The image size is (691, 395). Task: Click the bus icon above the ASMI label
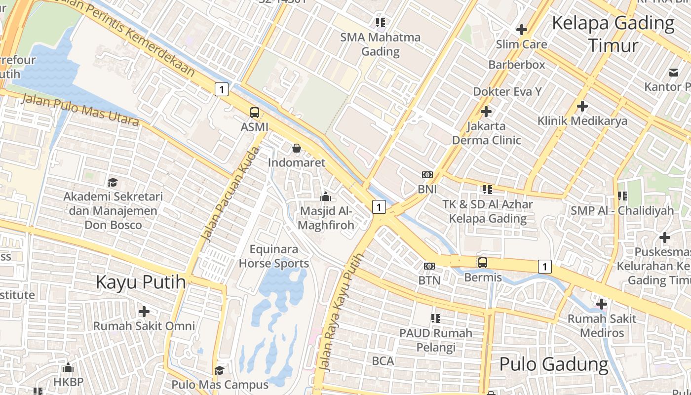tap(255, 113)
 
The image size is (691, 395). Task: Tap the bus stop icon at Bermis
tap(483, 263)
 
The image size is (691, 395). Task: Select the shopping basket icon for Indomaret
tap(297, 148)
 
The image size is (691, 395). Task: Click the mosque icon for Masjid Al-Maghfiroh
tap(325, 197)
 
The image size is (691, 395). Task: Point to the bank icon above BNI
tap(427, 175)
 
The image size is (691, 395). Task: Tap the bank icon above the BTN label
tap(429, 266)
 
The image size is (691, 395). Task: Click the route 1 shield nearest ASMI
tap(222, 89)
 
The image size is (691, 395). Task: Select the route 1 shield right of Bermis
tap(544, 267)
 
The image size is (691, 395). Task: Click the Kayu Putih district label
tap(141, 282)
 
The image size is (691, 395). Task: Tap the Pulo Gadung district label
tap(554, 364)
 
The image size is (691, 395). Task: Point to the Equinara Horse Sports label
tap(274, 256)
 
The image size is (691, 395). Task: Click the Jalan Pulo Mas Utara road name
tap(79, 110)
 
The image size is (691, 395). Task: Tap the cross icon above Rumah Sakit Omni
tap(144, 312)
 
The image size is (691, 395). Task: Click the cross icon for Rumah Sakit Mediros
tap(602, 304)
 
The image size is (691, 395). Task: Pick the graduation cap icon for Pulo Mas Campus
tap(219, 370)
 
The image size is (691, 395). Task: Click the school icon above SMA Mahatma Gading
tap(380, 22)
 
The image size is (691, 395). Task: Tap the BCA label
tap(383, 361)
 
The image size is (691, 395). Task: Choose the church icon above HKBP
tap(69, 367)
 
